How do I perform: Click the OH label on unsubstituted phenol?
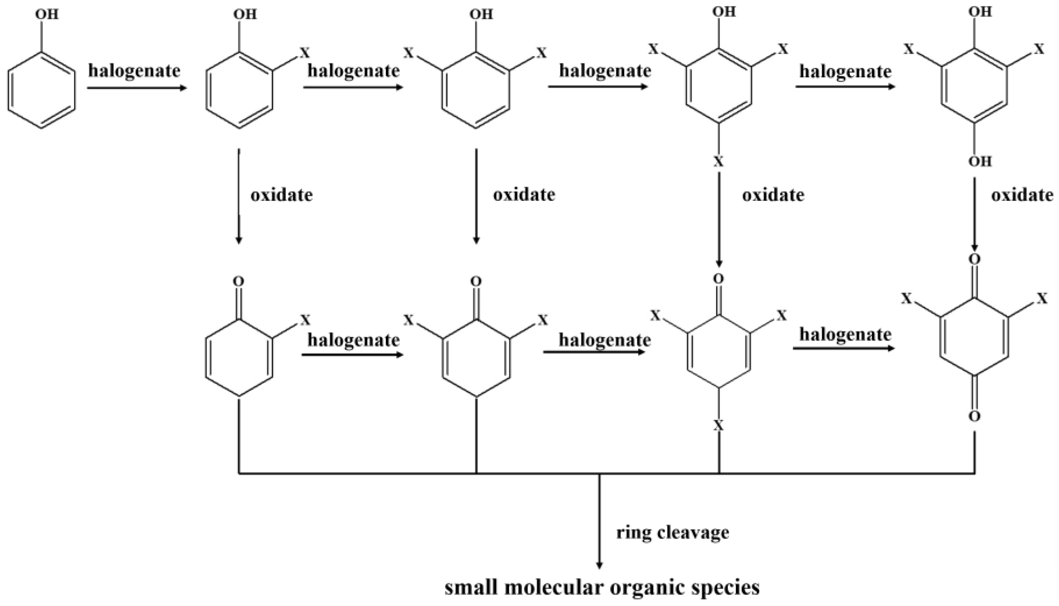46,15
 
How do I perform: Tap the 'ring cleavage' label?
672,532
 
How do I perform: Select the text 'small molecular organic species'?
602,588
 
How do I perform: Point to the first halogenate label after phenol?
134,71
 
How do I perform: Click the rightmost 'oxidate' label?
1022,195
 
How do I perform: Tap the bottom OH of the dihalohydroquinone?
980,161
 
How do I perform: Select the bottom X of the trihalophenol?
719,161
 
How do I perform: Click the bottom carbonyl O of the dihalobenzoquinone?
975,416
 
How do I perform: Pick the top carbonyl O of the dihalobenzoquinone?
975,259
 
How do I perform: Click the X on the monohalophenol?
305,53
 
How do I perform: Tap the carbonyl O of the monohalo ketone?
238,282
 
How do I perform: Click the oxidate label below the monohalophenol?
282,195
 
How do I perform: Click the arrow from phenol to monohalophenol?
137,88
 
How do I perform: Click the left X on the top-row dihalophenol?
409,53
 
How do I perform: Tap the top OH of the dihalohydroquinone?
980,12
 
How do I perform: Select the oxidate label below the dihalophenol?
524,195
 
